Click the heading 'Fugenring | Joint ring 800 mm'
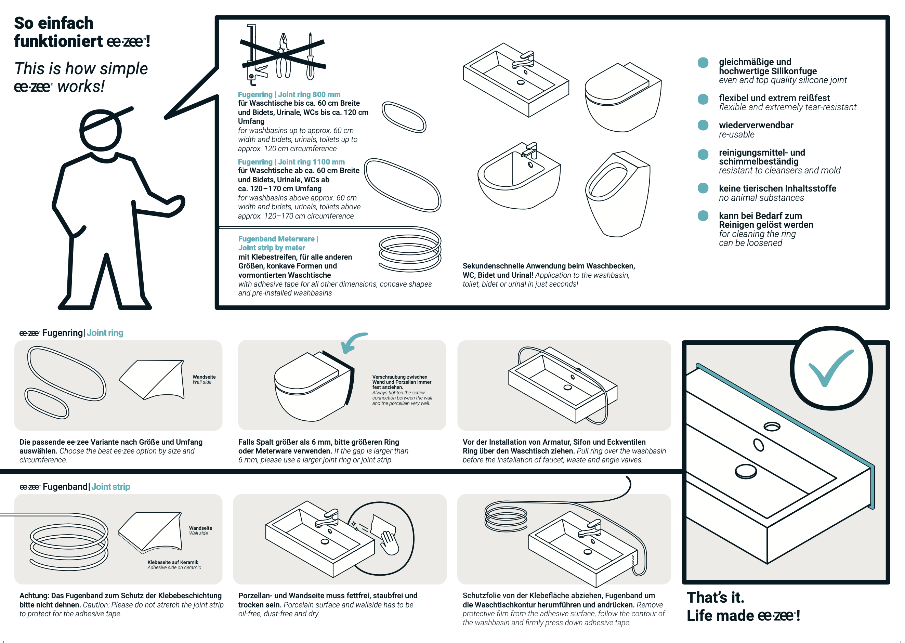click(x=289, y=95)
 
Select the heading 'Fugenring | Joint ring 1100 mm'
click(x=291, y=162)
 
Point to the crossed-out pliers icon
click(x=284, y=55)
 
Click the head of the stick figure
click(x=101, y=130)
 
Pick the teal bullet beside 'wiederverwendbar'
click(x=703, y=126)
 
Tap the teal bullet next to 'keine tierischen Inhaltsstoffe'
click(x=703, y=188)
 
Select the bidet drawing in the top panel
click(x=519, y=178)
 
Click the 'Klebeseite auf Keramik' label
click(x=173, y=562)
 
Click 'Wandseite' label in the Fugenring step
click(x=204, y=377)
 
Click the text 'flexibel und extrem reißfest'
click(x=774, y=98)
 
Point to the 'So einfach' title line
click(x=54, y=23)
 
